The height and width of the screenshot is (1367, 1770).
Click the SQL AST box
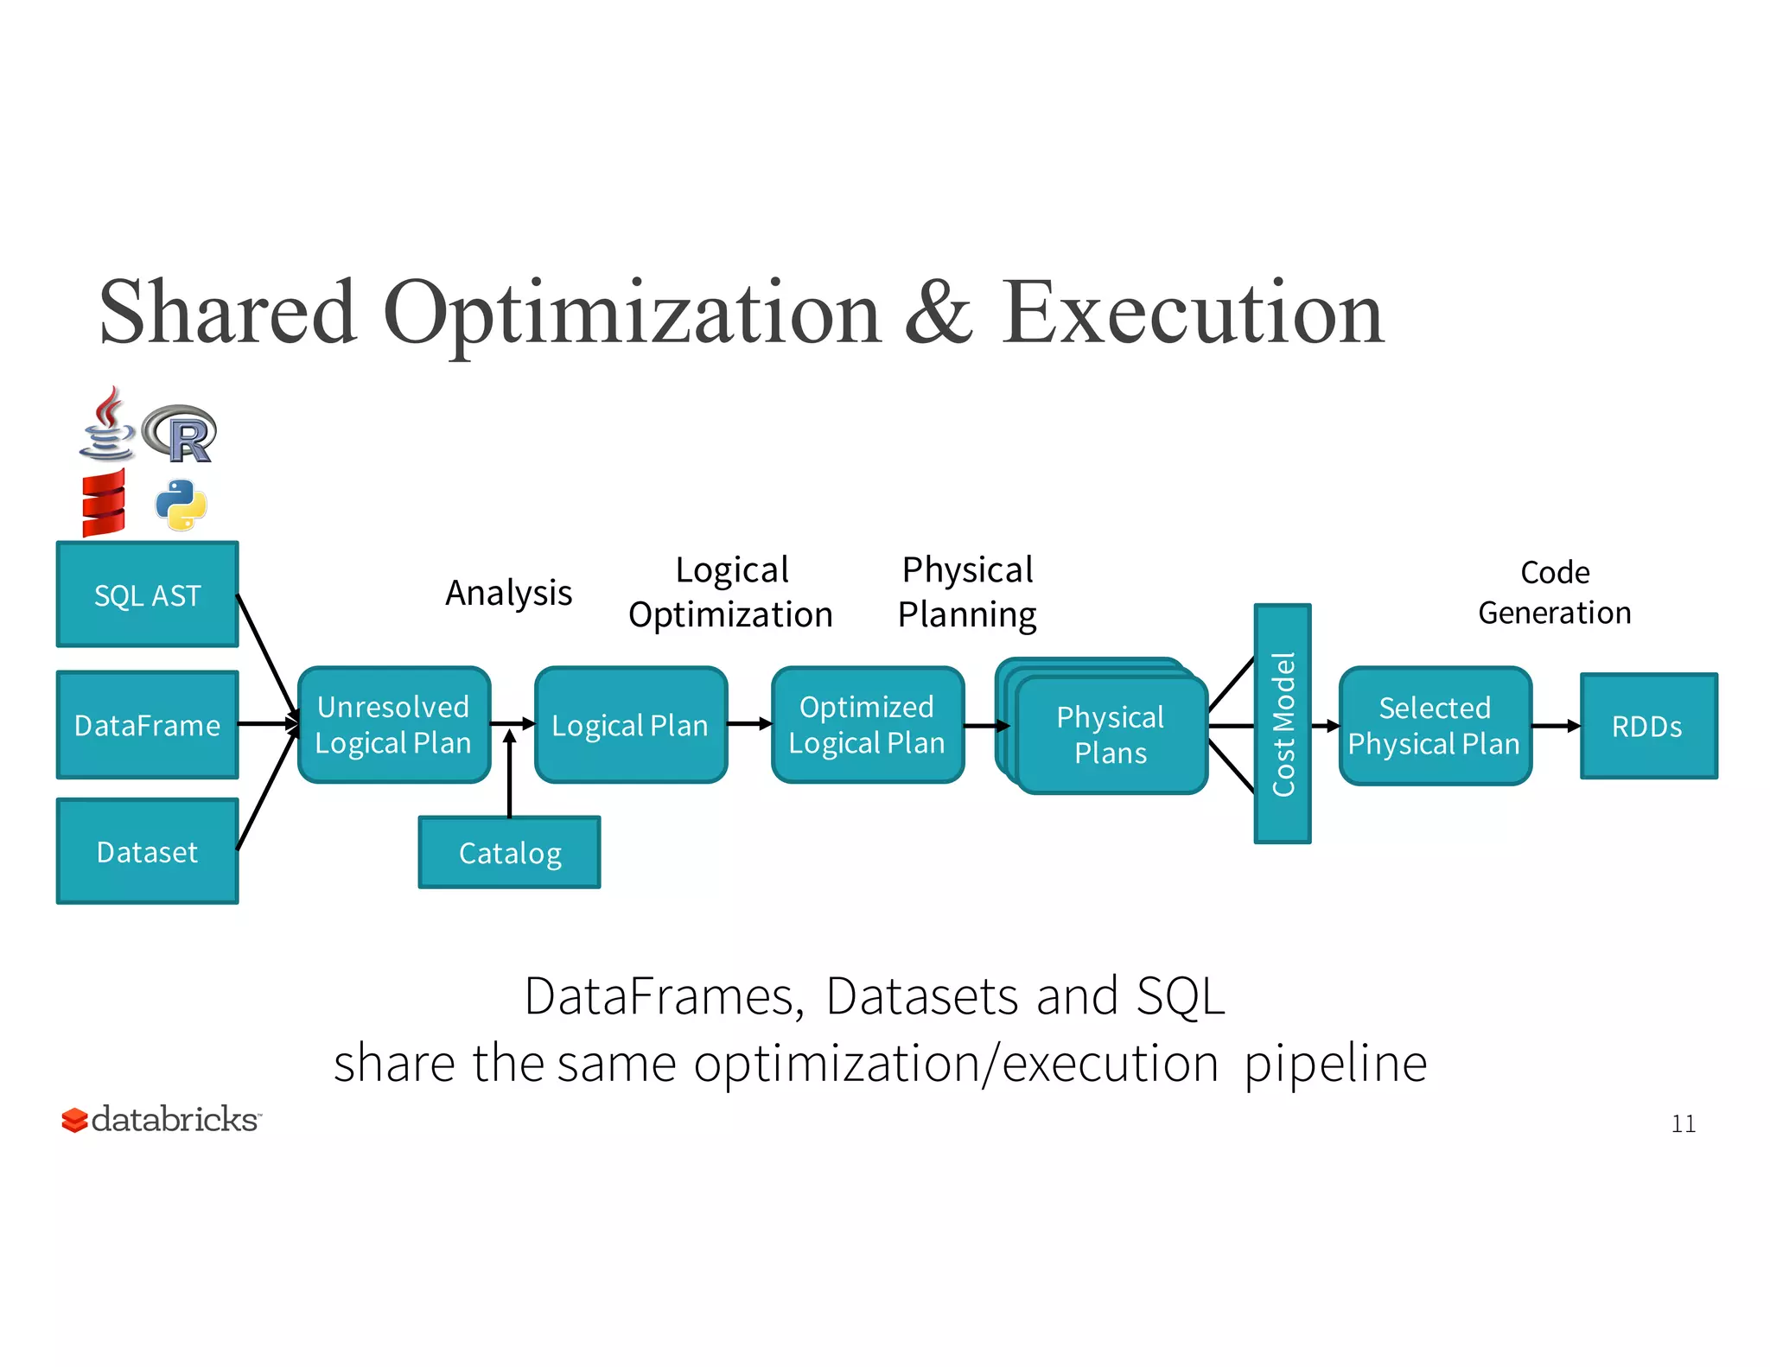coord(147,594)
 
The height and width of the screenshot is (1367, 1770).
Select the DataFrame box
coord(147,725)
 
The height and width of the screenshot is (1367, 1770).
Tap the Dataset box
coord(147,852)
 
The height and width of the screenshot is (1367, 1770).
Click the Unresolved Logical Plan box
coord(393,725)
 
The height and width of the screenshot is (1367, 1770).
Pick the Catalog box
coord(509,853)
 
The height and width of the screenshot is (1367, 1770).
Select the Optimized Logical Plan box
coord(867,725)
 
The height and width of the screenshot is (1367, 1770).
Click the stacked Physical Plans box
coord(1111,734)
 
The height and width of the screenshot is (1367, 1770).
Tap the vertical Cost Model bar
coord(1283,723)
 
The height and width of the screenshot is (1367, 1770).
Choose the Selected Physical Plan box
coord(1435,726)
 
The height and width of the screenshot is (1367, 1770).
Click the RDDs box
coord(1648,726)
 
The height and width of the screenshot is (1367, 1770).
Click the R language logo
coord(181,433)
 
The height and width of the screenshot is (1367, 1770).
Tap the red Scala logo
coord(104,503)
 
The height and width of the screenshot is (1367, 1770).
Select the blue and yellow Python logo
coord(181,505)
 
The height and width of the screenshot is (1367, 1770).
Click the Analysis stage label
coord(508,593)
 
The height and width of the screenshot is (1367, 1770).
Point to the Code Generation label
coord(1554,593)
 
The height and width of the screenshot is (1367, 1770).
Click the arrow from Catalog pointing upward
coord(509,773)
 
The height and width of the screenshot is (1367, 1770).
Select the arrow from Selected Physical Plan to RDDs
coord(1556,726)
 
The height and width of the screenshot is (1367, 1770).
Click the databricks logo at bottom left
coord(161,1120)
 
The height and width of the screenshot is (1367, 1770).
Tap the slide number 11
coord(1683,1123)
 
